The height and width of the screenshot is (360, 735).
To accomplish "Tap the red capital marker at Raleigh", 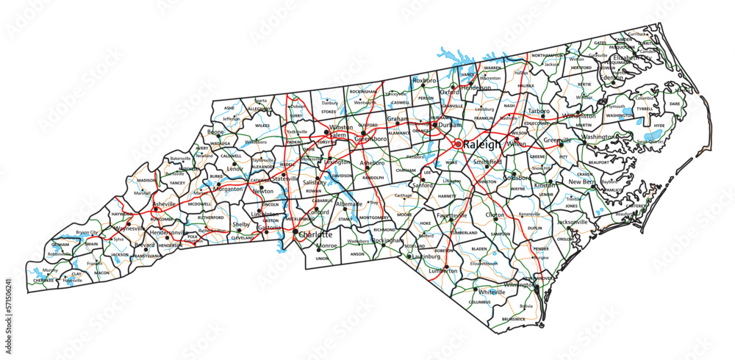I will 457,145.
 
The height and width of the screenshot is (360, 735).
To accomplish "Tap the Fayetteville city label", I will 451,215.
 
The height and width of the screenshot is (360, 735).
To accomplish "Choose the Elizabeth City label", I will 633,57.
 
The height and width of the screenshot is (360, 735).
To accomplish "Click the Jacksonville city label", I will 573,221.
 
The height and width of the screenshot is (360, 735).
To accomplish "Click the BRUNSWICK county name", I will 514,319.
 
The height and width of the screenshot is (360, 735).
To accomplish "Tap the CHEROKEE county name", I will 43,280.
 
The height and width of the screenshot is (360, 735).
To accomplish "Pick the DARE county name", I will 675,104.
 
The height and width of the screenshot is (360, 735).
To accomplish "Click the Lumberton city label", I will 443,270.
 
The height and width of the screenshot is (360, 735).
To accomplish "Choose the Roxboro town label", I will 424,79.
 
